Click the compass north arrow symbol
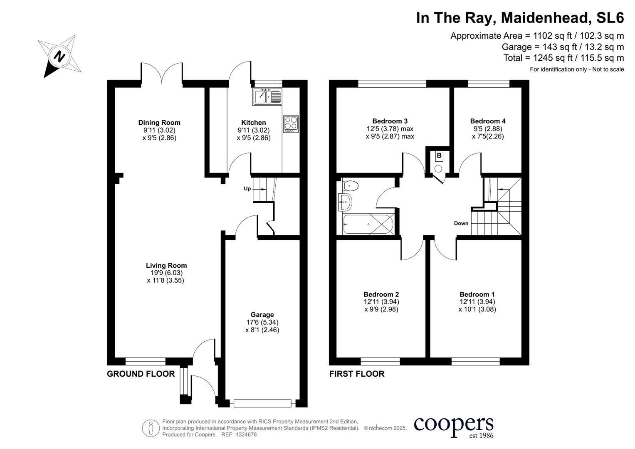pyautogui.click(x=60, y=56)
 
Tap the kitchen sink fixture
pyautogui.click(x=267, y=96)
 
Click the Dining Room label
pyautogui.click(x=159, y=123)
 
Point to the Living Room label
pyautogui.click(x=166, y=266)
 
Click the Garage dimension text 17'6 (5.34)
pyautogui.click(x=262, y=323)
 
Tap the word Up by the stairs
pyautogui.click(x=247, y=189)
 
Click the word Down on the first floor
pyautogui.click(x=461, y=223)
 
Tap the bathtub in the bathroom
pyautogui.click(x=368, y=224)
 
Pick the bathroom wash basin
pyautogui.click(x=345, y=203)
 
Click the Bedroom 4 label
pyautogui.click(x=488, y=121)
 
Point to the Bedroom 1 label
pyautogui.click(x=477, y=294)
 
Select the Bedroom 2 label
pyautogui.click(x=381, y=294)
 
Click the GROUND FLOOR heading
pyautogui.click(x=141, y=374)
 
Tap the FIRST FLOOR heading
pyautogui.click(x=356, y=374)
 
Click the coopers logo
pyautogui.click(x=453, y=427)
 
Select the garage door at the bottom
pyautogui.click(x=262, y=403)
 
